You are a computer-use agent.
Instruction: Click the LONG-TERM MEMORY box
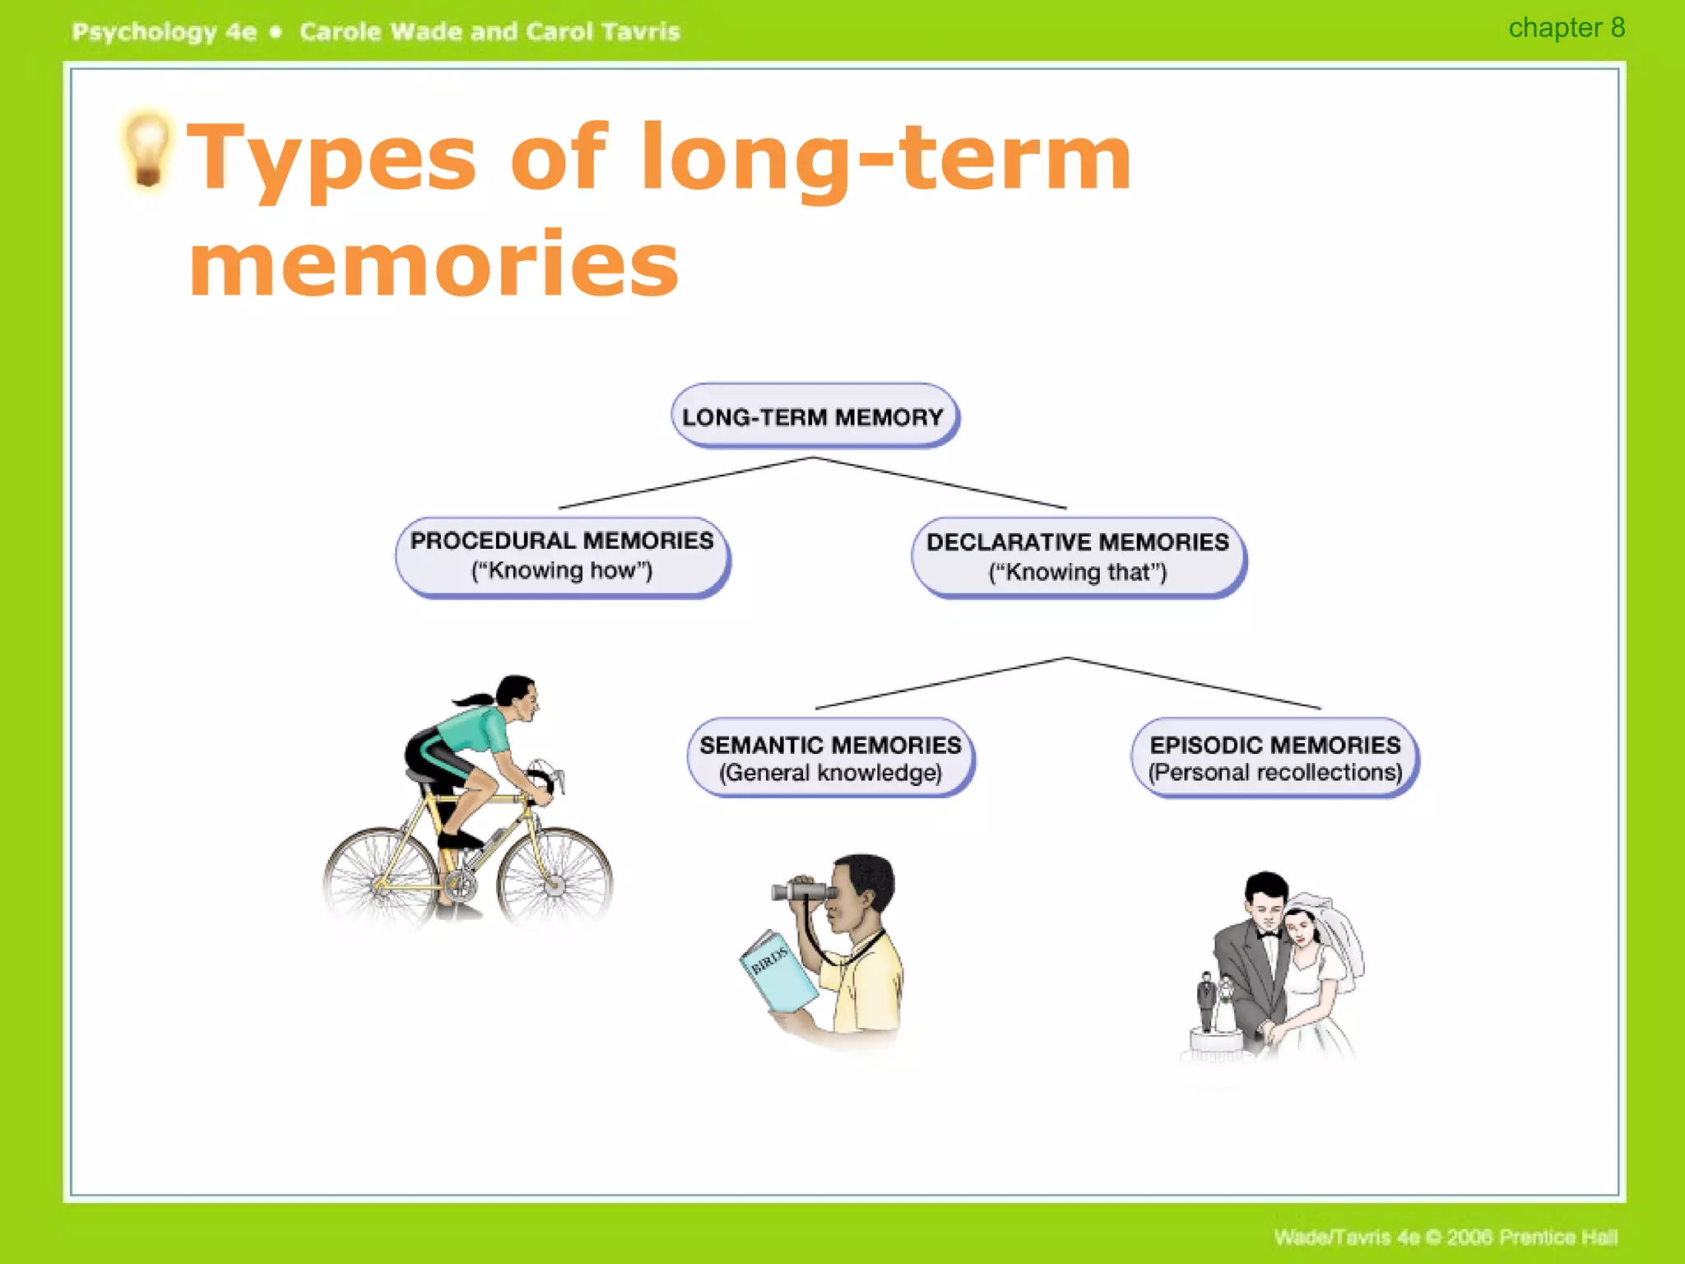pyautogui.click(x=814, y=416)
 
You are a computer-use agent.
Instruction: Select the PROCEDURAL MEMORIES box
pyautogui.click(x=562, y=556)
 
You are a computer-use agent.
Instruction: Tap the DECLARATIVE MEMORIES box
pyautogui.click(x=1078, y=557)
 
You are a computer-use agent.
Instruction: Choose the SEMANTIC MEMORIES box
pyautogui.click(x=830, y=758)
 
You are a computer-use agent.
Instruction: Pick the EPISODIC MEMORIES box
pyautogui.click(x=1274, y=758)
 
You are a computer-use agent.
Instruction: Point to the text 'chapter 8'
pyautogui.click(x=1566, y=28)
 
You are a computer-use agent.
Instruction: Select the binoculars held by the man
pyautogui.click(x=802, y=891)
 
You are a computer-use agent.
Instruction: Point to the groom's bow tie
pyautogui.click(x=1267, y=935)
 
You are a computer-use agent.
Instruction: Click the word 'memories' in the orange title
pyautogui.click(x=434, y=263)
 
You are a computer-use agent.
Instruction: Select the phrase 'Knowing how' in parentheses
pyautogui.click(x=562, y=570)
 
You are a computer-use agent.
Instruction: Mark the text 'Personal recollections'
pyautogui.click(x=1274, y=773)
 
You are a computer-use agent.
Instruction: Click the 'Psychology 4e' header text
pyautogui.click(x=164, y=32)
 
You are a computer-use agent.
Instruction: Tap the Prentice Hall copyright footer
pyautogui.click(x=1445, y=1237)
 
